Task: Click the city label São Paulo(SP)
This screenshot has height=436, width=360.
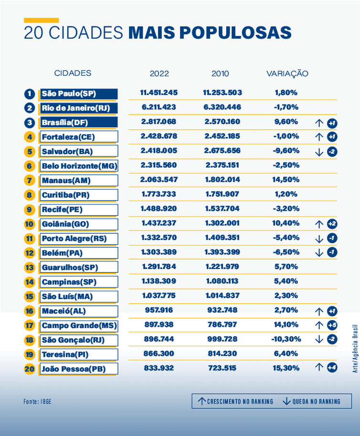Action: click(69, 93)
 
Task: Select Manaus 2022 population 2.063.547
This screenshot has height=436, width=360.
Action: click(159, 180)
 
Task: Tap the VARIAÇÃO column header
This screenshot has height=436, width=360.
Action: click(287, 73)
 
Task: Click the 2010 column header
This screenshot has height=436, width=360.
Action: click(220, 73)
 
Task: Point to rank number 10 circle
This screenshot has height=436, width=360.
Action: click(30, 224)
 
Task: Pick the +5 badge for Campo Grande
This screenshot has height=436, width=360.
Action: click(332, 325)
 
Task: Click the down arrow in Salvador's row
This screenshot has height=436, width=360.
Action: click(319, 152)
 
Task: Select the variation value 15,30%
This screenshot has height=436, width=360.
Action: click(287, 368)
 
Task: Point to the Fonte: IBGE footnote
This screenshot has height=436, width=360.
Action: click(37, 402)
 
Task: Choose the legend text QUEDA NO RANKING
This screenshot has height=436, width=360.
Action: click(316, 402)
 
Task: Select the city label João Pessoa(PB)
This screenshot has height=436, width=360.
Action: click(73, 369)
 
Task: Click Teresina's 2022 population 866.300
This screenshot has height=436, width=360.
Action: click(159, 353)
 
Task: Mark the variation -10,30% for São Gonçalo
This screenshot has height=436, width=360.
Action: click(287, 339)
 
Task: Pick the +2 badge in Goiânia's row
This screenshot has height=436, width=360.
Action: click(332, 224)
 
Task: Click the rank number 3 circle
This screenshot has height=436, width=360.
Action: click(30, 123)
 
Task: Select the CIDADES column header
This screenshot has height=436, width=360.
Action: click(73, 73)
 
